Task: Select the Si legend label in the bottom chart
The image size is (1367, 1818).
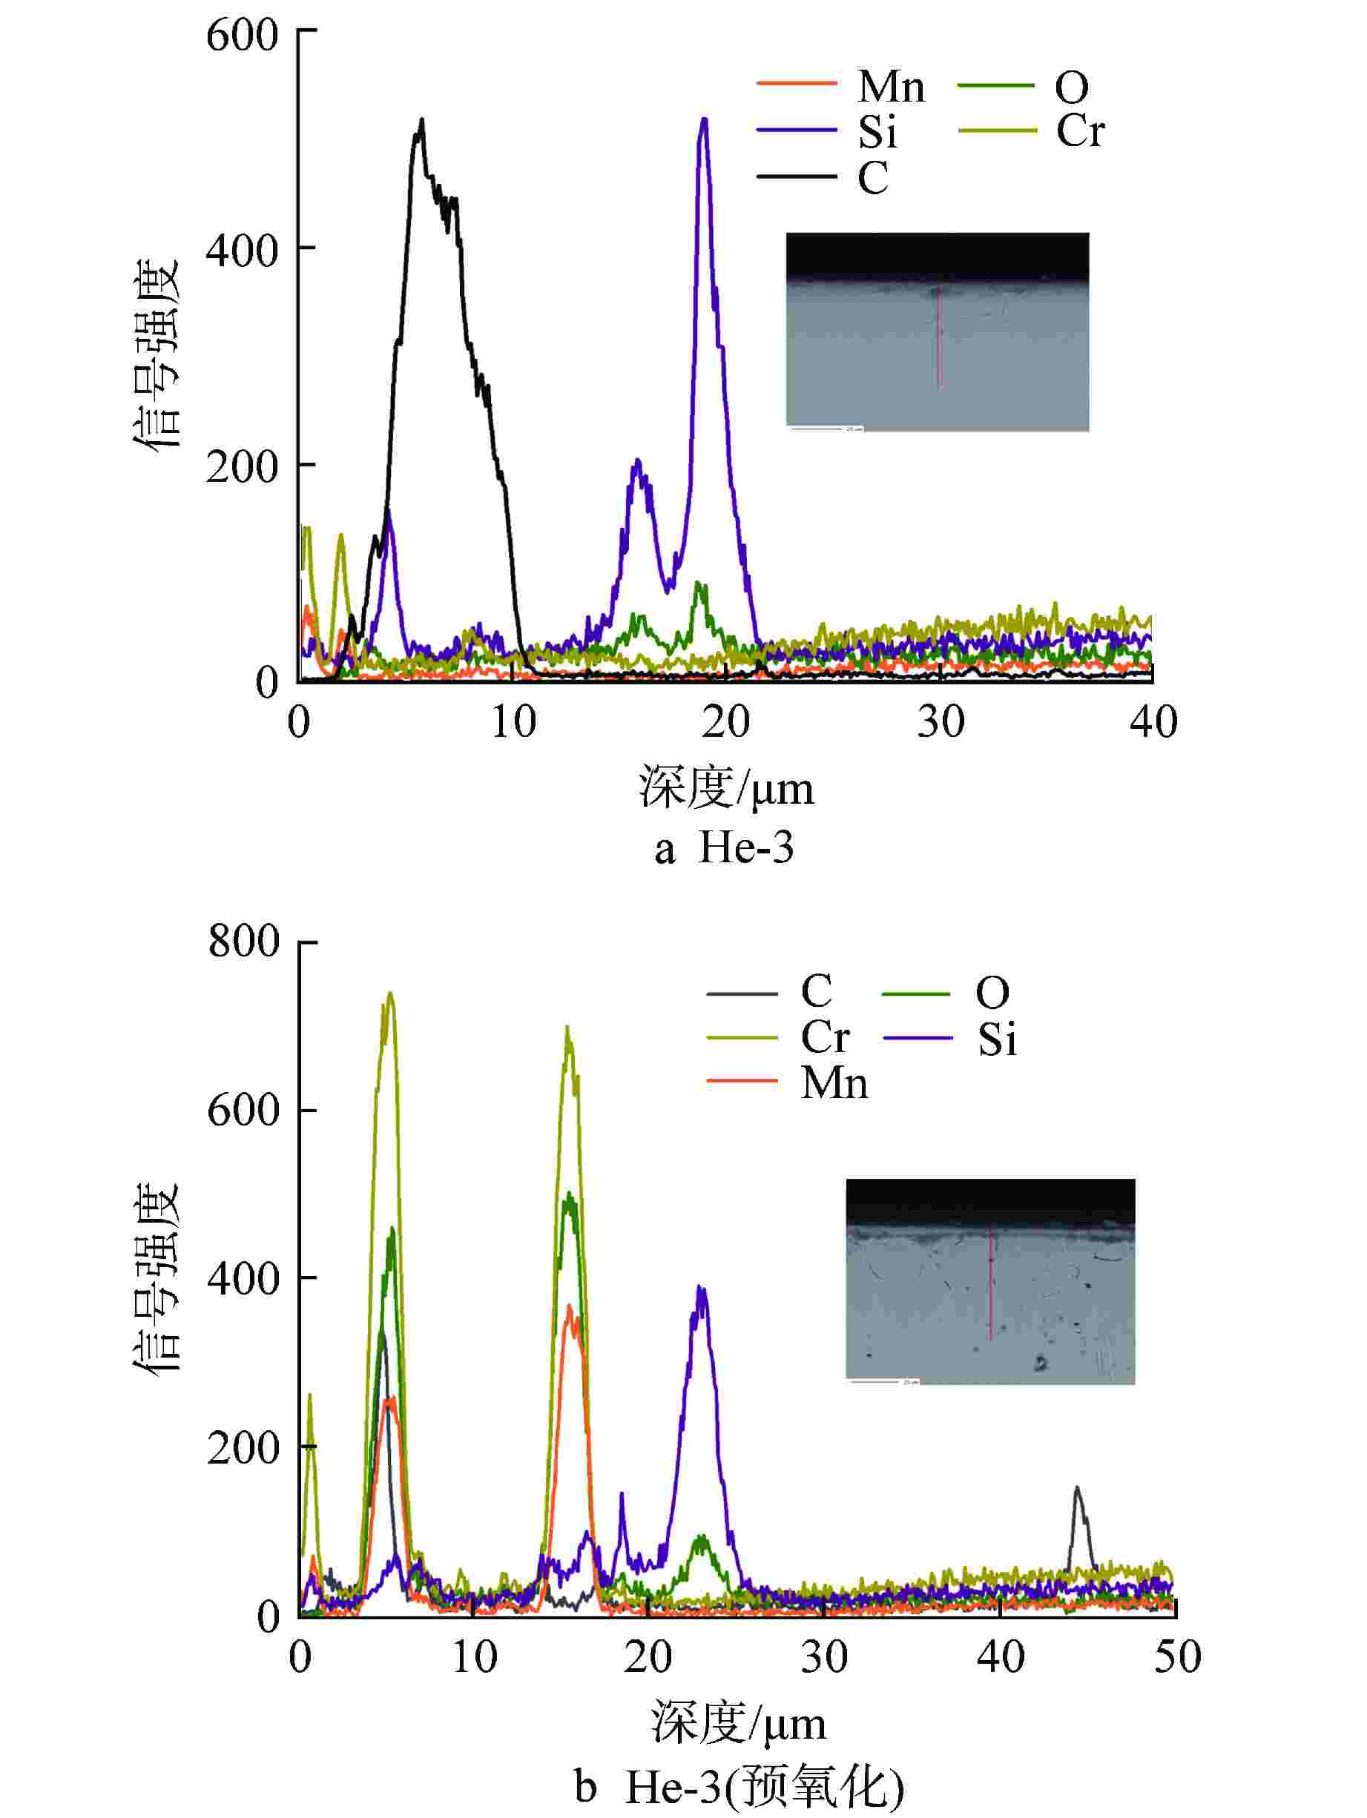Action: [996, 1040]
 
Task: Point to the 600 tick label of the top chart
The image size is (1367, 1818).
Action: [243, 36]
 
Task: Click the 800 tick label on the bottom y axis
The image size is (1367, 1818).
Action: [244, 941]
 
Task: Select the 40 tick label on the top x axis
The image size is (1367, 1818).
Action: [1153, 722]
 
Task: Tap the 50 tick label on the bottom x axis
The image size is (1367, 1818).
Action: [1176, 1657]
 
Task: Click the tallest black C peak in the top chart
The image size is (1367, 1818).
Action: [422, 122]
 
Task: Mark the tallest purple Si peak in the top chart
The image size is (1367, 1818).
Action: [704, 122]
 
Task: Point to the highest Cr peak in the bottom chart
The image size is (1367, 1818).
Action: [390, 994]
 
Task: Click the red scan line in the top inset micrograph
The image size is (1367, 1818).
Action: [939, 337]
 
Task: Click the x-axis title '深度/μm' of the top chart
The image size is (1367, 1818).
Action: [726, 788]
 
